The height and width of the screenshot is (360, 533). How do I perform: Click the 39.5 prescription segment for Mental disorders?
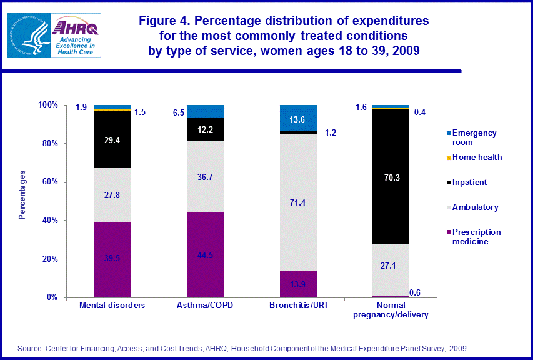point(112,259)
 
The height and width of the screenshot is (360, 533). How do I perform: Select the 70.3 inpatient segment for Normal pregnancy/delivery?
point(391,177)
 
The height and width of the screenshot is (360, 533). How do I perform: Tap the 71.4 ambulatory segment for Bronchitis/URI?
point(298,202)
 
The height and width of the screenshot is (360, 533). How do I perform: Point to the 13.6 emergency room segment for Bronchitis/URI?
point(298,118)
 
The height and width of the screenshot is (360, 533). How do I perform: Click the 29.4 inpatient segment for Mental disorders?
point(112,140)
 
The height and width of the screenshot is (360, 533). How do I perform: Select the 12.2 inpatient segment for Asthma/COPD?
point(206,129)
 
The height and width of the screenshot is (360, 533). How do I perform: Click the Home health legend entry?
point(477,157)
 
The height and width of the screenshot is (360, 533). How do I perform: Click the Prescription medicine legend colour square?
point(447,231)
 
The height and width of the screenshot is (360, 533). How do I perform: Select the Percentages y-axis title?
point(22,194)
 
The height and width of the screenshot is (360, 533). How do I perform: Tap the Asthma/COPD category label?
point(206,306)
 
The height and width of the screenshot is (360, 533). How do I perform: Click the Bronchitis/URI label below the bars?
point(298,306)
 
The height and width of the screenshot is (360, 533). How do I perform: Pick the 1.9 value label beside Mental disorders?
point(81,107)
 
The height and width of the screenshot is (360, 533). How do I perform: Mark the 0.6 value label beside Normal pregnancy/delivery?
point(414,292)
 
